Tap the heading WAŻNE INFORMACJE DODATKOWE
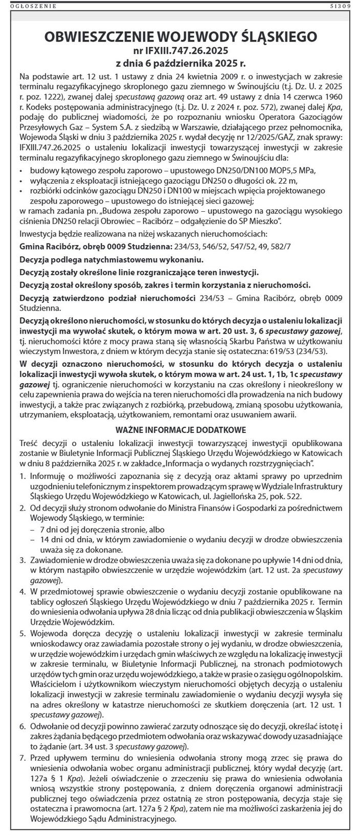pyautogui.click(x=181, y=429)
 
